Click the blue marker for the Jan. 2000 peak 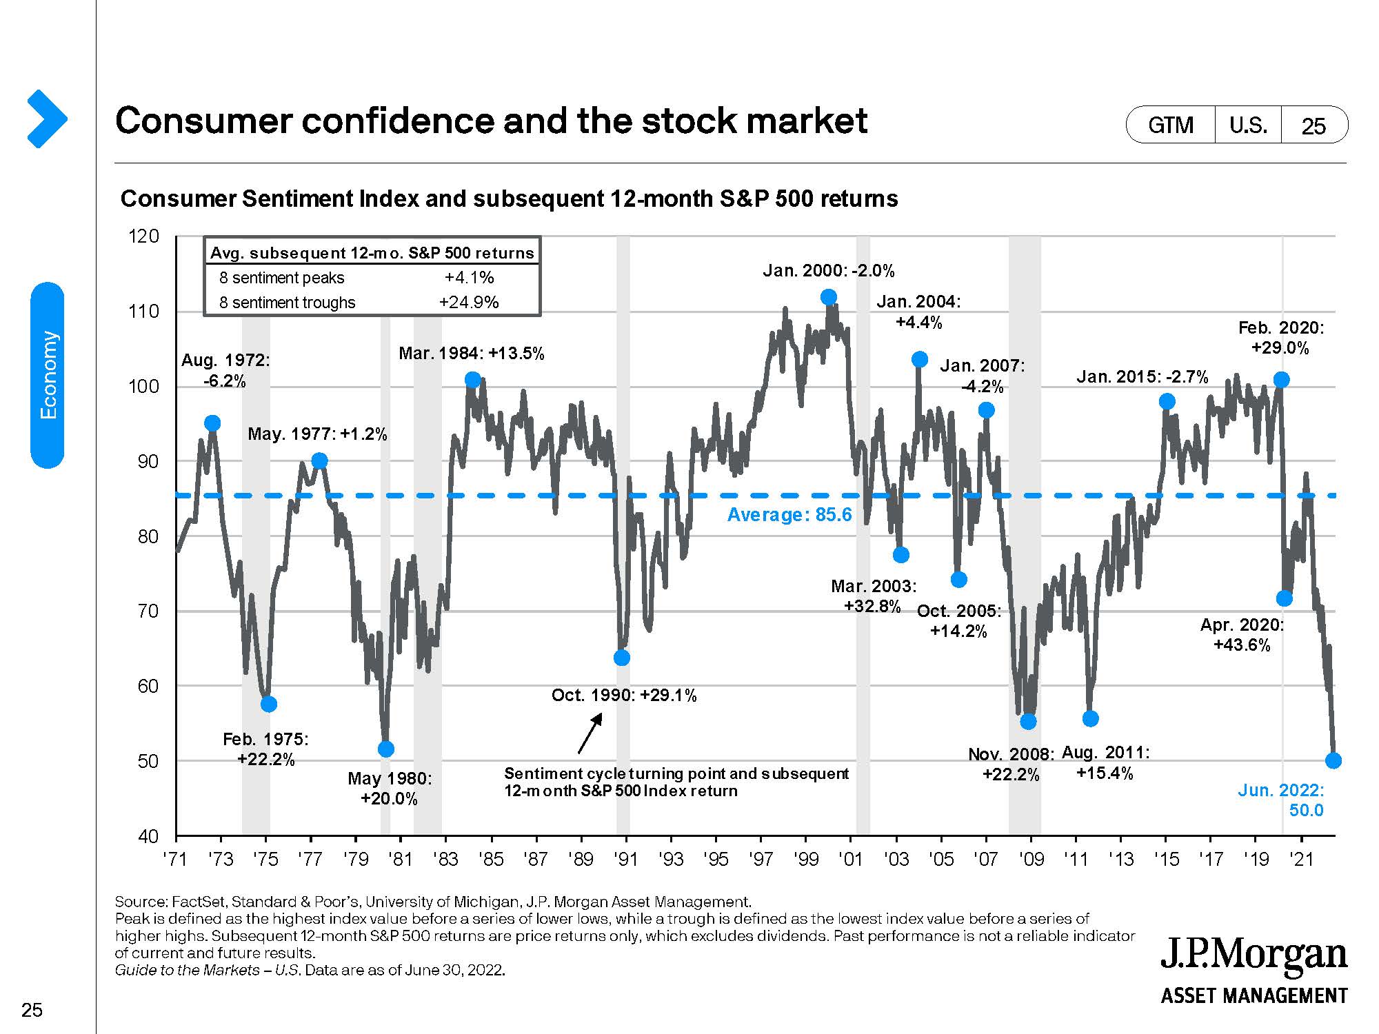(x=829, y=297)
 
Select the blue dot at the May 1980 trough (x=386, y=749)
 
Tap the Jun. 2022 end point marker (x=1333, y=760)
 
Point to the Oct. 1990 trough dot (x=621, y=658)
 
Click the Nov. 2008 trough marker (x=1028, y=721)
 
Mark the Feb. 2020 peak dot (x=1281, y=380)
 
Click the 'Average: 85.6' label (x=789, y=515)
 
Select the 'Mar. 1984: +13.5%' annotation (x=472, y=354)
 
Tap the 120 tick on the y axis (x=144, y=236)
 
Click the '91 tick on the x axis (x=625, y=859)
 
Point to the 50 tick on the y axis (x=146, y=761)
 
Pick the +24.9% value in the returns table (x=469, y=303)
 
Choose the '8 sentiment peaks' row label (x=281, y=278)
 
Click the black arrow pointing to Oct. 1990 (x=590, y=733)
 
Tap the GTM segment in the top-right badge (x=1171, y=125)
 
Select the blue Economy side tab (x=48, y=375)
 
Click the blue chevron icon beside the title (x=46, y=119)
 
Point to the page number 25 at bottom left (x=32, y=1011)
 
